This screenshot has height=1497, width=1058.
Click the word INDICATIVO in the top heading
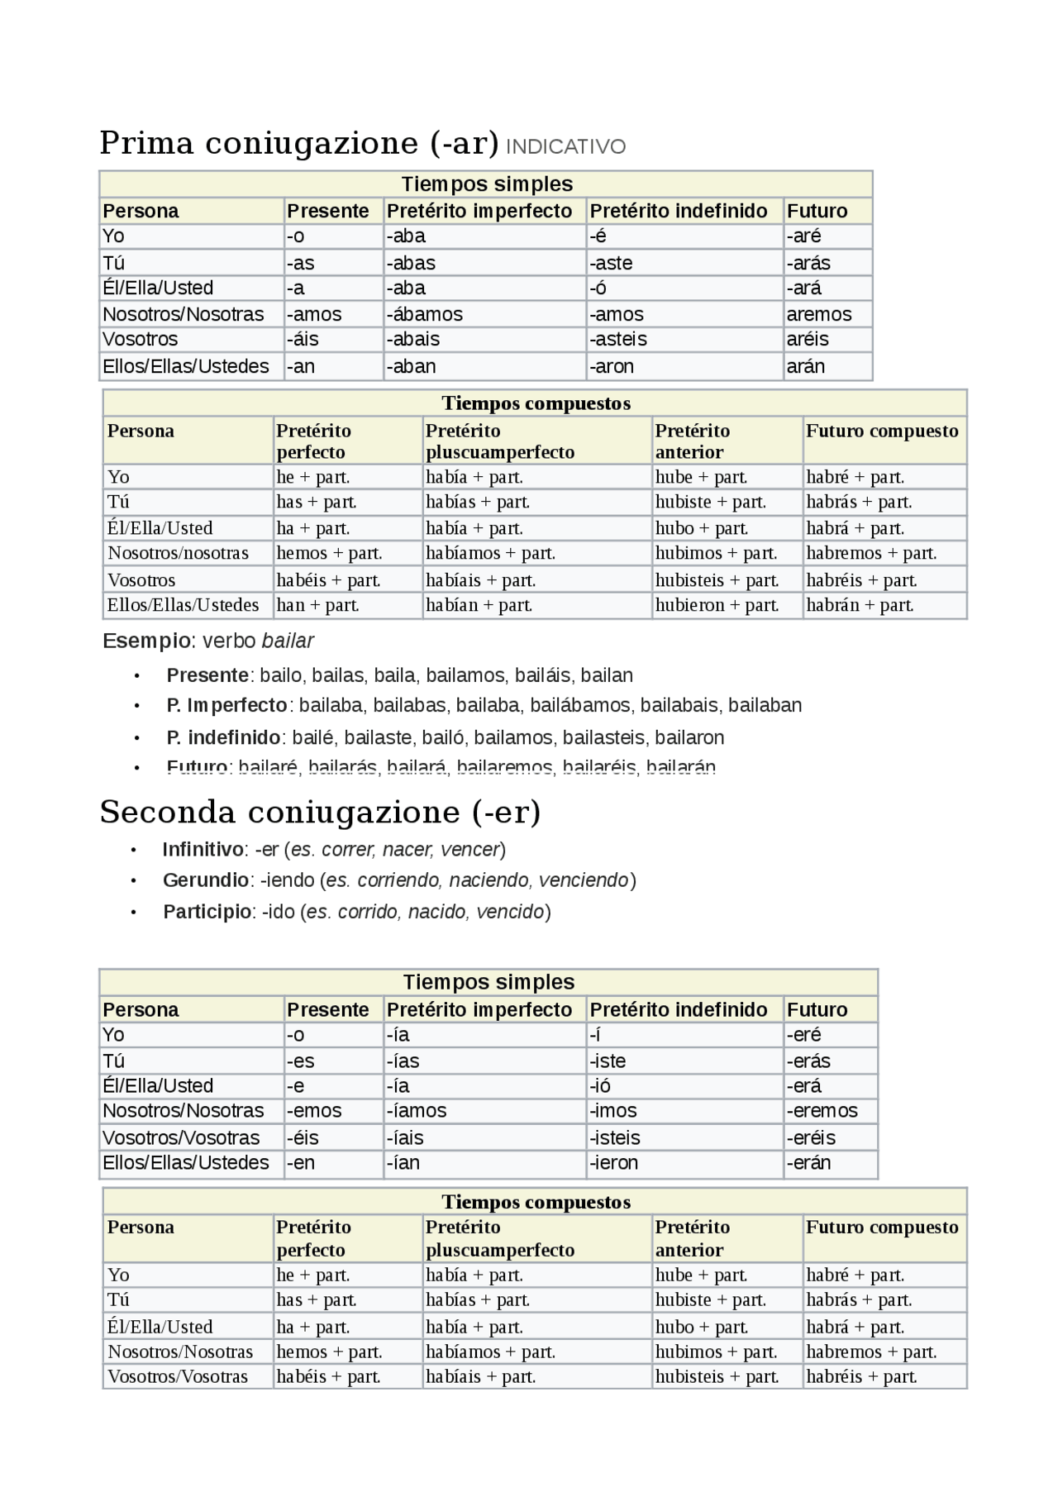[x=565, y=147]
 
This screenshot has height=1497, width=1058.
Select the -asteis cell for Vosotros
[x=617, y=340]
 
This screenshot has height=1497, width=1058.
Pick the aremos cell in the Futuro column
[x=818, y=314]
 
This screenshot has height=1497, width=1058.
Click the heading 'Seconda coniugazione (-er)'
[x=320, y=812]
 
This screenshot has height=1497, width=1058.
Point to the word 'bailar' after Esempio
[x=288, y=641]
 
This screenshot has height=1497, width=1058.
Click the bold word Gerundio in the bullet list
[x=205, y=880]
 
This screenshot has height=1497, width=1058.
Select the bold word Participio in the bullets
[x=207, y=912]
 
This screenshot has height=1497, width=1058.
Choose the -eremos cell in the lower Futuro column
[x=822, y=1111]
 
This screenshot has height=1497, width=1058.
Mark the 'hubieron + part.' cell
[x=717, y=605]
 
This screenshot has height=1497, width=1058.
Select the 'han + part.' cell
[x=317, y=605]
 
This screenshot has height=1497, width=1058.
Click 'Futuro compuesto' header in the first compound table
[x=882, y=431]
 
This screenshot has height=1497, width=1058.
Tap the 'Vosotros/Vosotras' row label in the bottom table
[x=177, y=1376]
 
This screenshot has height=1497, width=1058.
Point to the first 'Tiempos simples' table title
[x=487, y=184]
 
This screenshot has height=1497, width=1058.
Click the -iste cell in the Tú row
[x=607, y=1061]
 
